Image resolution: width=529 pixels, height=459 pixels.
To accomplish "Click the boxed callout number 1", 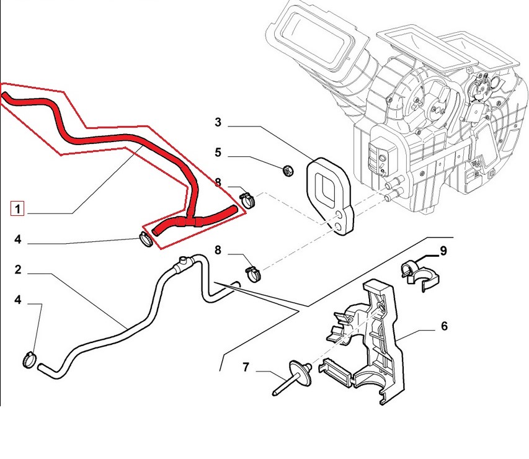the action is point(17,208).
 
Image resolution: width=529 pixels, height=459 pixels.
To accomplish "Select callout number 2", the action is point(18,270).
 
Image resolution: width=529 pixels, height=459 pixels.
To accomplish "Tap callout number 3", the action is point(218,122).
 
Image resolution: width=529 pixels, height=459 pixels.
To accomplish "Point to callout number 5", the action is point(218,152).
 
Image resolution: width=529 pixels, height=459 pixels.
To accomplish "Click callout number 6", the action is point(444,326).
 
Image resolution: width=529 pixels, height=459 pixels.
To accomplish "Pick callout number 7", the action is point(246,367).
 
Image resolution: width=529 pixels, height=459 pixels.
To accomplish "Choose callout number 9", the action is point(443,251).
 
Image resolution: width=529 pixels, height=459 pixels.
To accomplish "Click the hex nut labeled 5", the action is point(287,171).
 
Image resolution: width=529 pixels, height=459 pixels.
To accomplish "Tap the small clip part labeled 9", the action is point(419,274).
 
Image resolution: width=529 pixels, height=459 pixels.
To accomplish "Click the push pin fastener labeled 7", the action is point(292,377).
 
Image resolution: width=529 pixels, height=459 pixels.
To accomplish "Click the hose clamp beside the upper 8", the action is point(247,200).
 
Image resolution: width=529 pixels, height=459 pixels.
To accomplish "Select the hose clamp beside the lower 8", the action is point(252,272).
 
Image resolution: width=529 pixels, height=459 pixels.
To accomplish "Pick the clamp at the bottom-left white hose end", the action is point(29,359).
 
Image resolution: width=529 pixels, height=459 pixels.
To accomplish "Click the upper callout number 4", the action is point(18,239).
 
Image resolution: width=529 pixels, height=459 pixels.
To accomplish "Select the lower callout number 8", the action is point(218,250).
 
